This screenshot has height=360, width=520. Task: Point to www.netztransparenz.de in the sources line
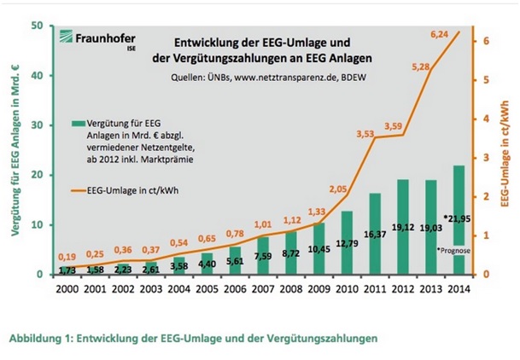tap(272, 78)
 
